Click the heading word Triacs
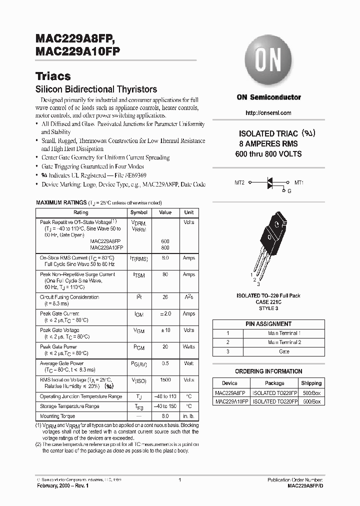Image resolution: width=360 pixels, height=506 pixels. point(53,76)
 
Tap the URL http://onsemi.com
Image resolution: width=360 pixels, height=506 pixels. point(268,113)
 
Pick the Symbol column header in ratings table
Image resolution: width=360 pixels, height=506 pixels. point(138,212)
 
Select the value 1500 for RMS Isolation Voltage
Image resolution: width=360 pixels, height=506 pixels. point(165,380)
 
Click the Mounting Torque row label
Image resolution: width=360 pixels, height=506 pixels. point(57,416)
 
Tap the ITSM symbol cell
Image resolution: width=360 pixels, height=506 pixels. point(138,275)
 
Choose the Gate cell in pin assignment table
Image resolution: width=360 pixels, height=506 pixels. point(283,352)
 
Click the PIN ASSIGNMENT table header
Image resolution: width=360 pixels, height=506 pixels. point(268,324)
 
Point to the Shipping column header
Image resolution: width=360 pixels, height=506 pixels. point(311,383)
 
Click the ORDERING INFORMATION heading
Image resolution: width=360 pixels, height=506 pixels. point(268,371)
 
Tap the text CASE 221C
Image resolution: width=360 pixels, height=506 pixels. point(268,302)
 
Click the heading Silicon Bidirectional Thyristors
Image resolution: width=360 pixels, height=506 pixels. point(96,89)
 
